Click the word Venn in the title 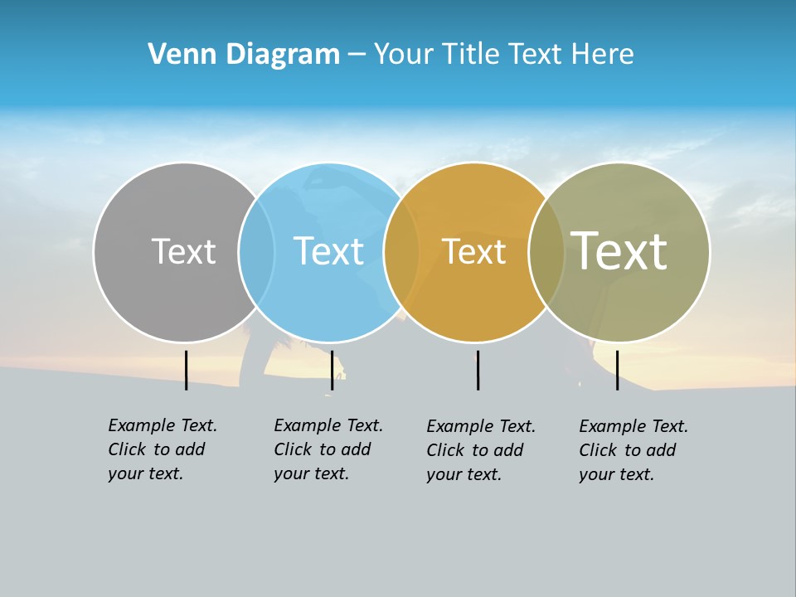[x=176, y=54]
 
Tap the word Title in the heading [x=473, y=54]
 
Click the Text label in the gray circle [x=183, y=251]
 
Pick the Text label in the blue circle [x=328, y=251]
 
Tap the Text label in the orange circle [x=473, y=251]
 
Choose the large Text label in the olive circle [x=619, y=251]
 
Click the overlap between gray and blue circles [x=256, y=252]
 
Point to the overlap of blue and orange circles [x=401, y=252]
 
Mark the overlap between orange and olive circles [x=546, y=252]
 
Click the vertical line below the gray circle [x=186, y=370]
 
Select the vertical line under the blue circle [x=332, y=370]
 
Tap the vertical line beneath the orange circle [x=478, y=370]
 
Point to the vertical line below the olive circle [x=617, y=370]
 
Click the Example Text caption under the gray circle [x=163, y=449]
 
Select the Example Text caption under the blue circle [x=328, y=449]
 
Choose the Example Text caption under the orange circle [x=481, y=450]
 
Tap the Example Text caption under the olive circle [x=633, y=450]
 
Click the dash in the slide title [x=357, y=56]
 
